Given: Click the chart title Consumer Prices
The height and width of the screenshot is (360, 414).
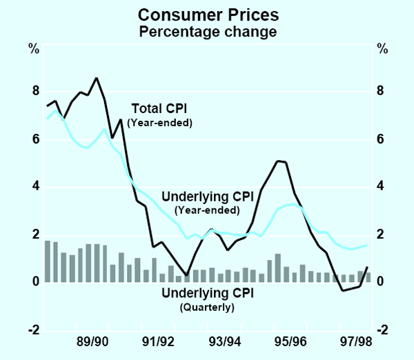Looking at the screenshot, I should click(208, 14).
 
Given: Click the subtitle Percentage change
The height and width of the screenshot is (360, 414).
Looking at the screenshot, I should click(208, 31).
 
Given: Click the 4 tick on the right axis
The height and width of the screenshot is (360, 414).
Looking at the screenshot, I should click(382, 187).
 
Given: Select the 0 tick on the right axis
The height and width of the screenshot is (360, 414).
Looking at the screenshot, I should click(382, 283).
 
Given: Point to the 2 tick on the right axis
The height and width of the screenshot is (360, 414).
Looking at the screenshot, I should click(382, 235).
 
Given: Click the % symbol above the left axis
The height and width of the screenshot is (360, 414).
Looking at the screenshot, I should click(33, 49).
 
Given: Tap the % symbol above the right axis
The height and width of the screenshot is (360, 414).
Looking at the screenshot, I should click(382, 49).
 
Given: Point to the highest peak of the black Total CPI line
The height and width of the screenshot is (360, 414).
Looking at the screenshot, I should click(97, 78).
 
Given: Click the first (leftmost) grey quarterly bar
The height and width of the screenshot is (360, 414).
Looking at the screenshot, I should click(47, 261).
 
